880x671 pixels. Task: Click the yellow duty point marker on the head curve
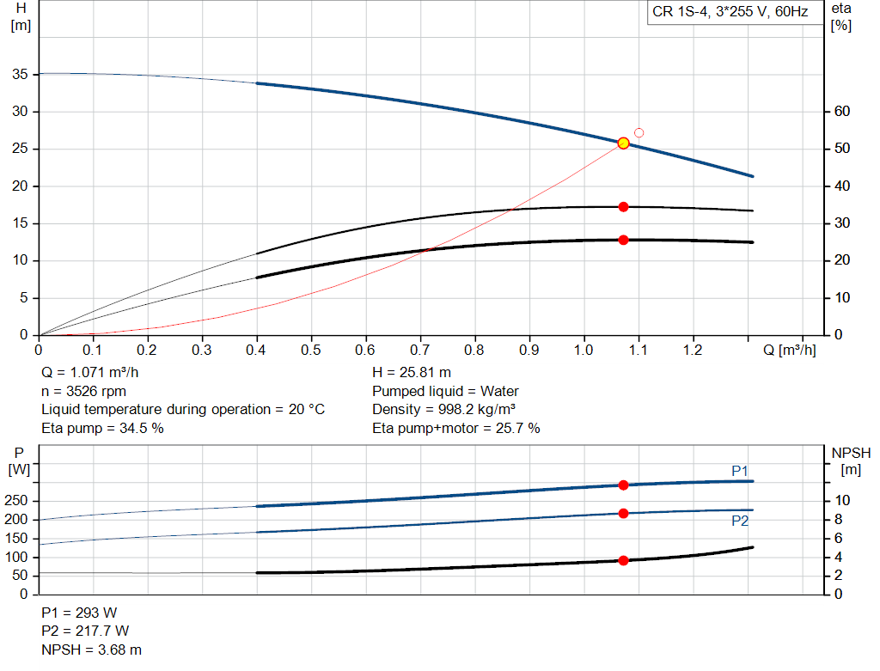[623, 143]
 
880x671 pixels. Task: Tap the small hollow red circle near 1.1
[639, 133]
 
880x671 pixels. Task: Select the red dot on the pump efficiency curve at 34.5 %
[623, 207]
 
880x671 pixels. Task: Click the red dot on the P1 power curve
[623, 485]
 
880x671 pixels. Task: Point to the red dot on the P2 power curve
[623, 514]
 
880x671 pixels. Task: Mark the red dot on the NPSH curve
[623, 560]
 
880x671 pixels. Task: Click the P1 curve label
[740, 470]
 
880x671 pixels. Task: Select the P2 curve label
[740, 521]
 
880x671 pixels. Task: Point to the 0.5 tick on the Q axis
[311, 351]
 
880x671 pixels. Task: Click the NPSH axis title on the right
[850, 454]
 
